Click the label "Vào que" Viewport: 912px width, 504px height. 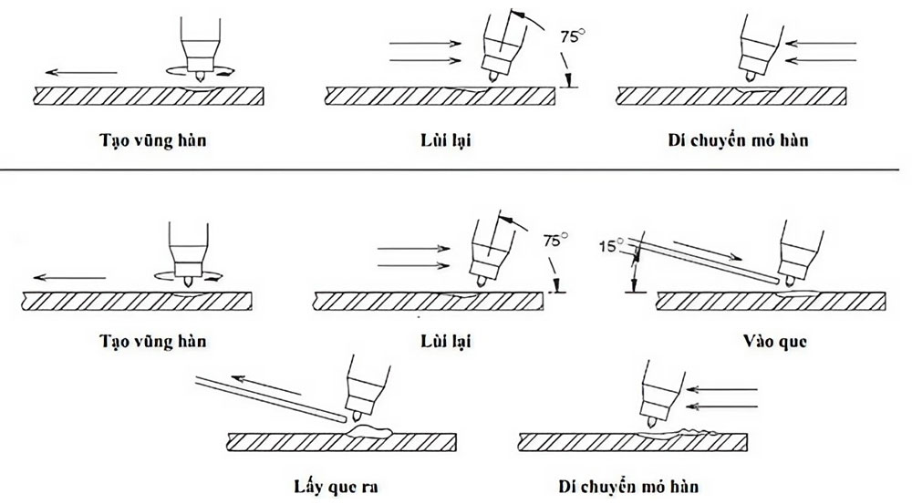[774, 343]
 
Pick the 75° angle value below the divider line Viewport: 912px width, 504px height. [555, 242]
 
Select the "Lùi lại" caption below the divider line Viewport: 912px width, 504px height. [446, 342]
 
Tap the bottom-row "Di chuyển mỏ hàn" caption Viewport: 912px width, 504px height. [632, 485]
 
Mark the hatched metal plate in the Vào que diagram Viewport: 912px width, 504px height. [771, 300]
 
